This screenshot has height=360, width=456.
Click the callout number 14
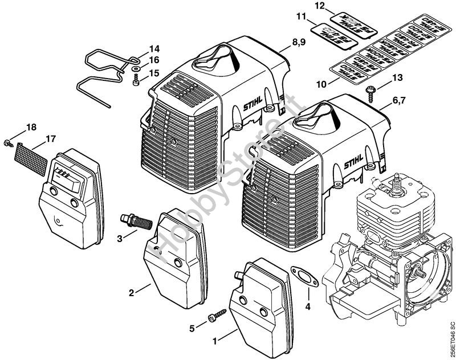(x=155, y=48)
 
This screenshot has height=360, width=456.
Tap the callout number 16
(x=155, y=60)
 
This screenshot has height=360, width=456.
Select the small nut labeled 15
(x=136, y=83)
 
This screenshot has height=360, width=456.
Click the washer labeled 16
(x=137, y=69)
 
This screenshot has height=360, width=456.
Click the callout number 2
(x=131, y=293)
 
